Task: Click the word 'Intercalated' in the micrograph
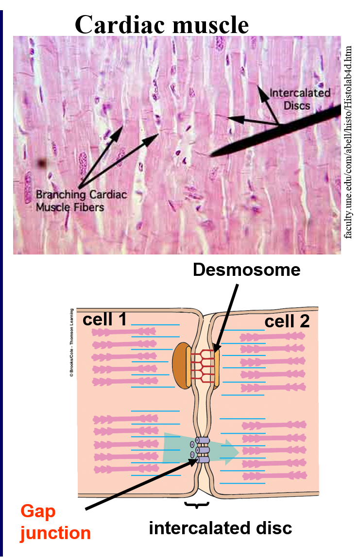pos(300,93)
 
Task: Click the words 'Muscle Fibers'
pos(70,207)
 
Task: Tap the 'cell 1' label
pos(104,320)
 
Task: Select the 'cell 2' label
pos(287,321)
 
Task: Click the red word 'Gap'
pos(38,511)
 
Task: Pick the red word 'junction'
pos(55,533)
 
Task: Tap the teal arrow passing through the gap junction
pos(228,452)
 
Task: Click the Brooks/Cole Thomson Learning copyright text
pos(71,342)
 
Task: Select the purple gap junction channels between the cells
pos(202,450)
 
